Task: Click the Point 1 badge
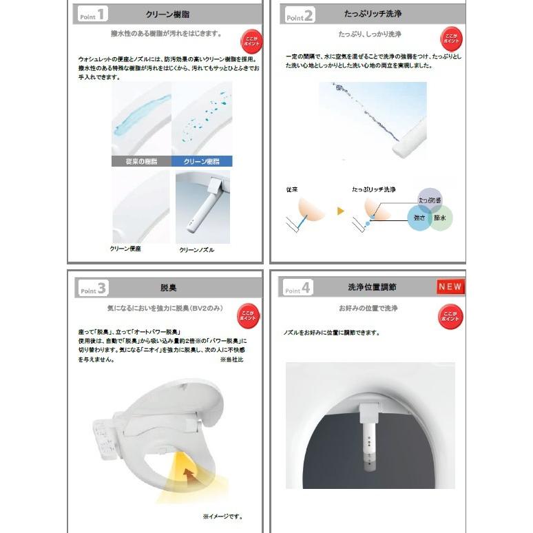[x=92, y=14]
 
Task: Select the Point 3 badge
[x=92, y=288]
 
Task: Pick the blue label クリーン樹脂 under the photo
[x=202, y=161]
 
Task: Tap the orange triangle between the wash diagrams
[x=339, y=211]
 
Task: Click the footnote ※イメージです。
[x=222, y=516]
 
